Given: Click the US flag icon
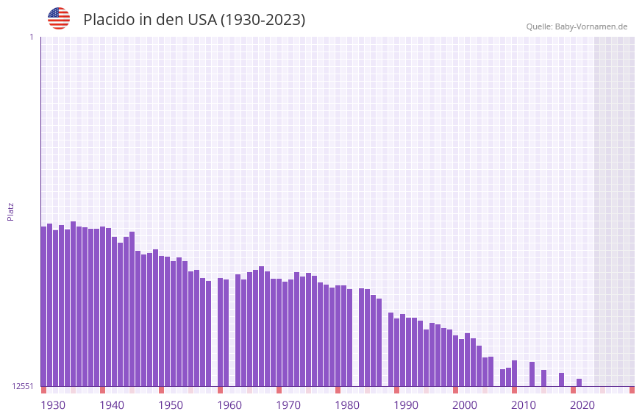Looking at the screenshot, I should [x=59, y=18].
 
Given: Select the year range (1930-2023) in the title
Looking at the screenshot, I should [x=263, y=20].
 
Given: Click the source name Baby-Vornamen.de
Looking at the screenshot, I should [x=591, y=26].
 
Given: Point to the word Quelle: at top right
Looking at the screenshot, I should [x=539, y=26].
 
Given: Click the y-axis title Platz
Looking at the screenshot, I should [x=10, y=211].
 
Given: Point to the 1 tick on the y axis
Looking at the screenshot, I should [x=31, y=37].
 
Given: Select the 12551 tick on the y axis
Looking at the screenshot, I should [x=23, y=386].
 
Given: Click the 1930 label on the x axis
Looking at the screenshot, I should [x=53, y=405].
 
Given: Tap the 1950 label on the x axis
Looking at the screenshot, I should [x=171, y=405].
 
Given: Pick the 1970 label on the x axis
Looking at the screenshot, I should [x=288, y=405].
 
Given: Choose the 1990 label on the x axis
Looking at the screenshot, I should [x=406, y=405].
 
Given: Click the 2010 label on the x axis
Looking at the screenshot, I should [x=524, y=405].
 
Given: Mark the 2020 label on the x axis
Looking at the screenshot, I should [x=582, y=405].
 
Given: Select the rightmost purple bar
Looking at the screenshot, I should [x=579, y=382].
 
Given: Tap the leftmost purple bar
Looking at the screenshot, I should [x=43, y=306].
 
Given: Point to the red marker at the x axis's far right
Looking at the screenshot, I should [x=632, y=390].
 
